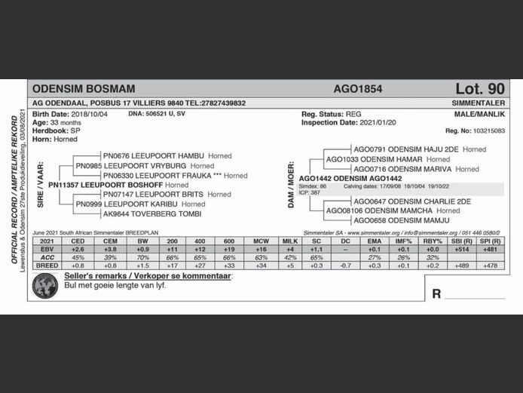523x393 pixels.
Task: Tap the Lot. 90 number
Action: coord(479,89)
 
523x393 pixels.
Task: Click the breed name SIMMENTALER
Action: coord(478,103)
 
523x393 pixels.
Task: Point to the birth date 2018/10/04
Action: coord(85,113)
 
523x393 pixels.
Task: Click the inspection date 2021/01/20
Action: coord(370,121)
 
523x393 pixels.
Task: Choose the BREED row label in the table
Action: coord(47,266)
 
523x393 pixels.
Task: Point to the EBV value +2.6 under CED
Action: coord(78,249)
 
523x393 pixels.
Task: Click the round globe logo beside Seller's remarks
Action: coord(45,284)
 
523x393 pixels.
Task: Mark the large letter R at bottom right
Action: coord(436,293)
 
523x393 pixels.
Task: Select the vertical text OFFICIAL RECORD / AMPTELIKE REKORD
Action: coord(14,189)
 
